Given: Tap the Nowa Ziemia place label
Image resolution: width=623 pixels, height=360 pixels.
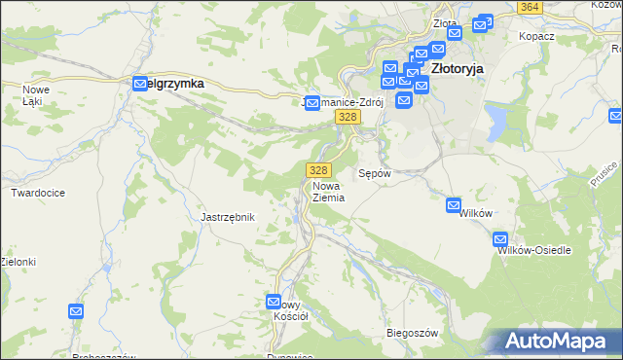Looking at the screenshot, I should point(328,191).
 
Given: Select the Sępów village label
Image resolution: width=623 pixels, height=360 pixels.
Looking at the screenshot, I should point(375,173).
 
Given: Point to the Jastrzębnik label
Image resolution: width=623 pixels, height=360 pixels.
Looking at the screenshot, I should point(227,217).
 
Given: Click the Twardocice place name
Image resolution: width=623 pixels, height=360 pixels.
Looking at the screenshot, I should point(38,193).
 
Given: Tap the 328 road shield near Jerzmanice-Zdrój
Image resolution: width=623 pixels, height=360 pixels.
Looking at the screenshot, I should point(348,117).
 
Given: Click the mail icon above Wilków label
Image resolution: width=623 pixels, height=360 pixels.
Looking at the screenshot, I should point(454,205).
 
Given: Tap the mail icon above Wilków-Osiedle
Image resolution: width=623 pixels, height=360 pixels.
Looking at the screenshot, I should point(500,238).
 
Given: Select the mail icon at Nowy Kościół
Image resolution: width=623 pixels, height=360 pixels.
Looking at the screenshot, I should point(274,302).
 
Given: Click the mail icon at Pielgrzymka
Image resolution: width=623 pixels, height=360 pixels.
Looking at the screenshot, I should point(138,84).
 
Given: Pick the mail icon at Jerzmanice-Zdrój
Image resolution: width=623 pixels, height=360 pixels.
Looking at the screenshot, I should point(312,102).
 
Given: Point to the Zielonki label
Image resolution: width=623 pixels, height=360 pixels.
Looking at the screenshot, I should point(18,262).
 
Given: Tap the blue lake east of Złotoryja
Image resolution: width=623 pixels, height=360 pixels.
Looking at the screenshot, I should point(498,123).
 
